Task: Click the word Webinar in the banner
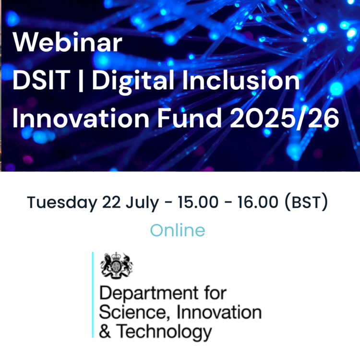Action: click(67, 42)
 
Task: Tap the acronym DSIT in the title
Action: click(41, 80)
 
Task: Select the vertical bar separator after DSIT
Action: click(81, 81)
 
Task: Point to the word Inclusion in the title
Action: click(241, 80)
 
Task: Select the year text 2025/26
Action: click(285, 119)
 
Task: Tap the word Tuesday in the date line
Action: click(62, 203)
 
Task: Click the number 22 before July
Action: click(111, 202)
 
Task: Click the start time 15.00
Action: click(198, 202)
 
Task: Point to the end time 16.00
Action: click(258, 202)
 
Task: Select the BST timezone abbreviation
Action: click(306, 203)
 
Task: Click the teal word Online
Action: click(178, 230)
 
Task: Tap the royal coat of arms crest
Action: click(117, 265)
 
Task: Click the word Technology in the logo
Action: click(164, 332)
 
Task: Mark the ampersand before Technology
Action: click(105, 331)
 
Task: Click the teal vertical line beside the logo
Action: click(93, 295)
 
